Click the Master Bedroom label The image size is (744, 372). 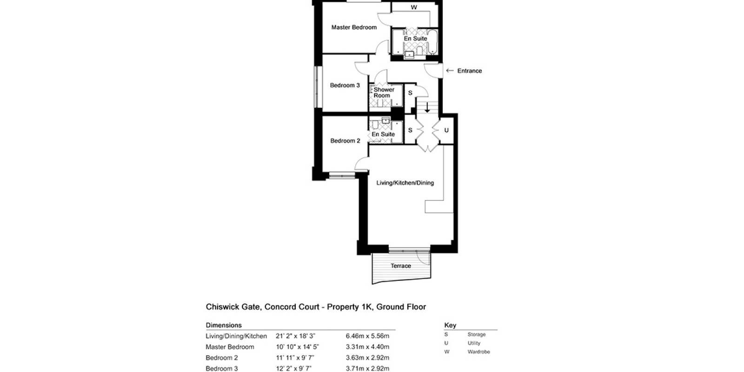click(354, 27)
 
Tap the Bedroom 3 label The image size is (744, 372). click(345, 86)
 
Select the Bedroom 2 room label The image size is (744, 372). click(345, 141)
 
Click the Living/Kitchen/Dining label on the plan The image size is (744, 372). click(405, 183)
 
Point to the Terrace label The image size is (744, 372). click(401, 266)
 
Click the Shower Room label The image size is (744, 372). click(384, 93)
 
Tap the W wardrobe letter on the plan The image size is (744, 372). click(414, 7)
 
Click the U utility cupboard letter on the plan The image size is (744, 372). click(446, 130)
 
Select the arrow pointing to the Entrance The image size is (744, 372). click(450, 70)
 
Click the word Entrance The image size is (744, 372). click(469, 71)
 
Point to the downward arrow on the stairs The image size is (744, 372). click(427, 107)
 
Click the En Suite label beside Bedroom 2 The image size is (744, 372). click(383, 134)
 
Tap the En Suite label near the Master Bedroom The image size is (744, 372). click(415, 39)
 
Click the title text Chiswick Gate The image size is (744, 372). click(232, 306)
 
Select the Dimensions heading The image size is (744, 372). click(224, 325)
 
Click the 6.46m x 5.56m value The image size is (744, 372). click(367, 336)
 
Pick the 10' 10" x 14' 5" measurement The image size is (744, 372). click(297, 347)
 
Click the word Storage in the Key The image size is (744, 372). click(476, 334)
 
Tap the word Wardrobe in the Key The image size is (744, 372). click(478, 352)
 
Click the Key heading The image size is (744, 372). click(450, 325)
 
